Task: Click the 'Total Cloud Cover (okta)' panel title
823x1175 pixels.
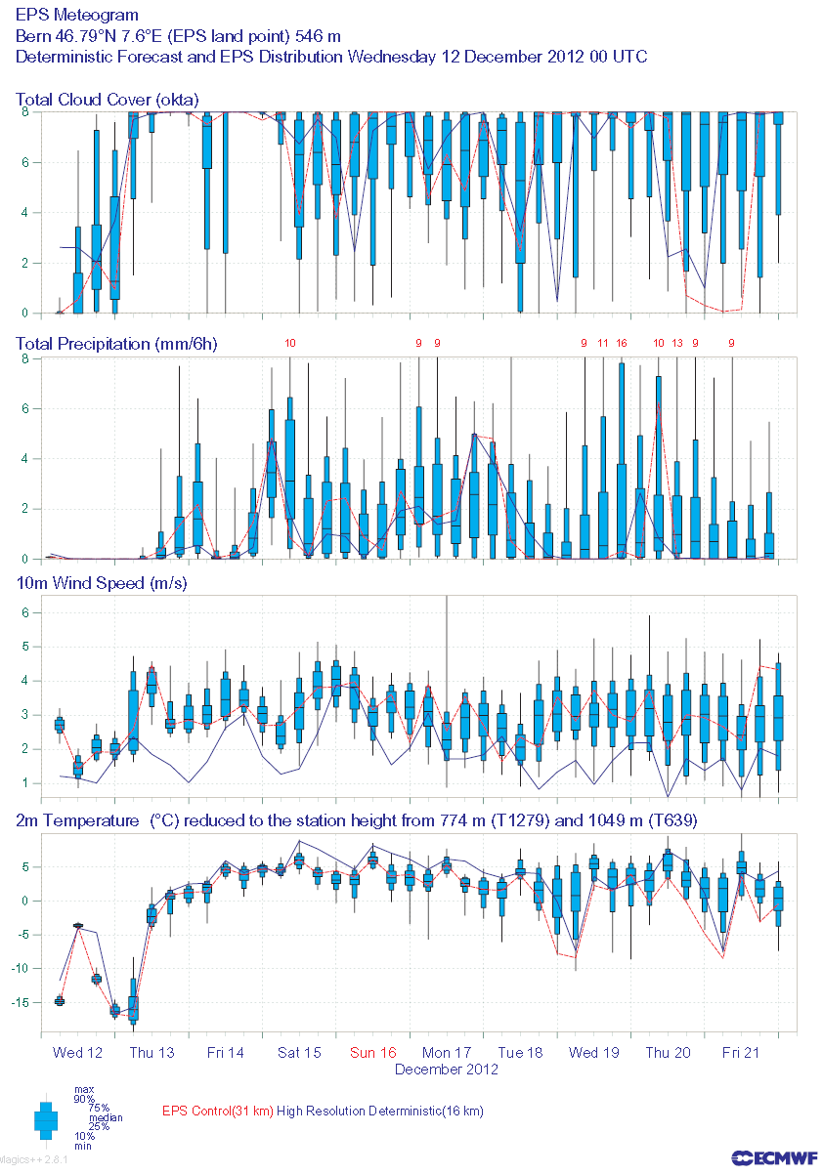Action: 108,100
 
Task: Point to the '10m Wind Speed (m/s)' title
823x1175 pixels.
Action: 102,583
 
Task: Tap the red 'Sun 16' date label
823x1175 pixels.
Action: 373,1052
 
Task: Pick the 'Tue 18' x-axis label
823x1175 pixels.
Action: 520,1052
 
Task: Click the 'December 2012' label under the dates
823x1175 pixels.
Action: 447,1069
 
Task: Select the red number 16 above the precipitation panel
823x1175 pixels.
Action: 622,343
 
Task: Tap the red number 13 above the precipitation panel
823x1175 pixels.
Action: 677,343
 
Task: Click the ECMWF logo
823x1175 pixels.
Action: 771,1156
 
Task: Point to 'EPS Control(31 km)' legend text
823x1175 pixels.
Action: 218,1111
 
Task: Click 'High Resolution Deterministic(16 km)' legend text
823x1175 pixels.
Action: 380,1111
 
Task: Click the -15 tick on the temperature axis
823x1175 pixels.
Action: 27,1002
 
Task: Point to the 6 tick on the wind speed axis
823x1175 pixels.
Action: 28,612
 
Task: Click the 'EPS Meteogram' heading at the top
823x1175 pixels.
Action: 77,16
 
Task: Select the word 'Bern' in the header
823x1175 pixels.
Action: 33,36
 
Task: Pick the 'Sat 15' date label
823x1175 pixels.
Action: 299,1052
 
